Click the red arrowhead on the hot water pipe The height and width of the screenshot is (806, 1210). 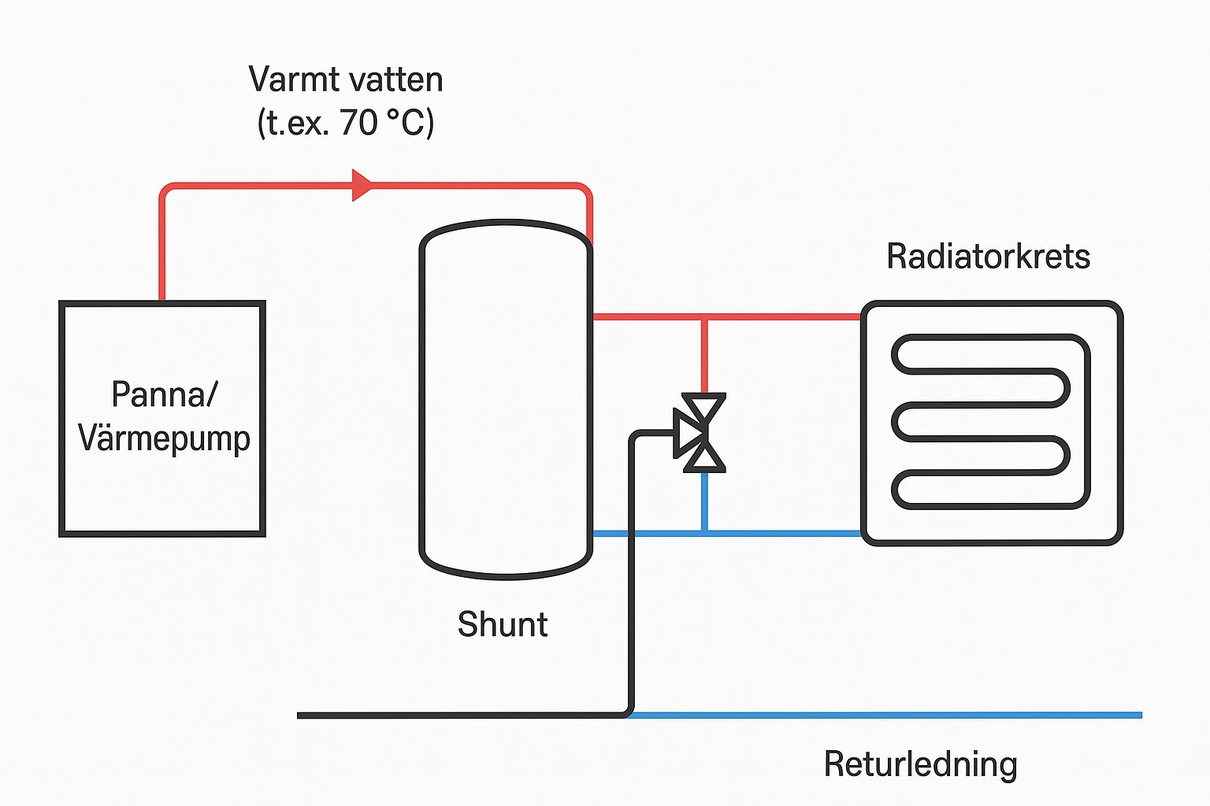click(362, 185)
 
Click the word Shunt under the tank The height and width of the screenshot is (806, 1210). click(503, 624)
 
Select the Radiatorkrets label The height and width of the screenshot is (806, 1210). click(988, 257)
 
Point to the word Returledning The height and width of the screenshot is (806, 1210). click(920, 764)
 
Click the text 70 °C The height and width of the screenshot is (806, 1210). click(387, 123)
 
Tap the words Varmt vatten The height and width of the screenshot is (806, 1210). click(346, 79)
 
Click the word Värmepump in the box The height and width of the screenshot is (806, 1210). click(164, 438)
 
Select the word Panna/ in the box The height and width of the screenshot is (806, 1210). click(164, 394)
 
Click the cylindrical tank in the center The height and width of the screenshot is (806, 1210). click(505, 400)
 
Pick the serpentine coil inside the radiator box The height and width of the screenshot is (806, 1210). click(991, 422)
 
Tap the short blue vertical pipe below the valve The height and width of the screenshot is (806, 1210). click(704, 501)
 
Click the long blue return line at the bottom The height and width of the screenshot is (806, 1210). click(882, 715)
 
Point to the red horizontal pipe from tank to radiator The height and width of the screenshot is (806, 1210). click(780, 316)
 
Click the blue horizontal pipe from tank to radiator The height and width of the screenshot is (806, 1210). click(780, 533)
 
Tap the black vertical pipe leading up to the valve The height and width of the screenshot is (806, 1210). click(632, 575)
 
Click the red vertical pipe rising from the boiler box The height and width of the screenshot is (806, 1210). click(162, 244)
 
